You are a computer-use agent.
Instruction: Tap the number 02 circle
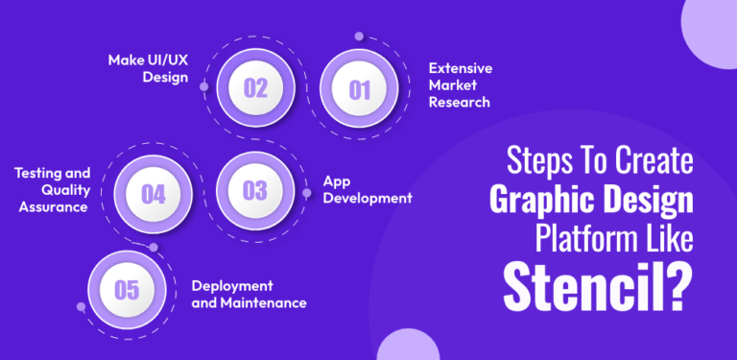click(256, 88)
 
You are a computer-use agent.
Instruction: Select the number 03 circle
click(255, 190)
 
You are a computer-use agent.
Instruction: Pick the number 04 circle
click(154, 194)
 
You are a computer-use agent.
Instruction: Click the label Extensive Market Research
click(459, 85)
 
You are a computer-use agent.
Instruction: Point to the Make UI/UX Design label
click(148, 69)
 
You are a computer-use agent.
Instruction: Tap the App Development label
click(367, 189)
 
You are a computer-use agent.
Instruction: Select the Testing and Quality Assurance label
click(52, 189)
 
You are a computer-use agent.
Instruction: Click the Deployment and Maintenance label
click(249, 294)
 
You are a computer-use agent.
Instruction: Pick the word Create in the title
click(653, 159)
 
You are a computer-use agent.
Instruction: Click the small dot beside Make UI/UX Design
click(203, 85)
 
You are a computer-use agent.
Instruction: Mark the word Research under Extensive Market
click(459, 102)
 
